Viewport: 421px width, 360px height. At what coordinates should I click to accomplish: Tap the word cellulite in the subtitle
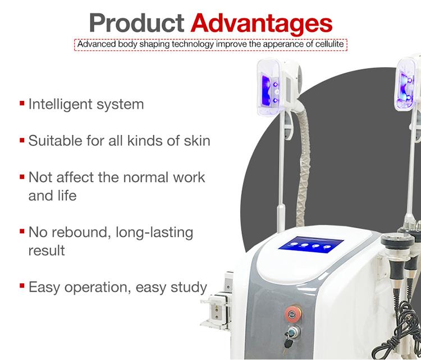(x=326, y=44)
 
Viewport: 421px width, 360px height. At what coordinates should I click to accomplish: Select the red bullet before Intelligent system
(x=22, y=104)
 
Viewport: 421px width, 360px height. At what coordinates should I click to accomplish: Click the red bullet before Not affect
(x=22, y=177)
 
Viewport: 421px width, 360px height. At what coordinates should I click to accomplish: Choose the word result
(x=47, y=250)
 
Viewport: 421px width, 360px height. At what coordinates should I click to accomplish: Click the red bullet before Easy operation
(x=22, y=287)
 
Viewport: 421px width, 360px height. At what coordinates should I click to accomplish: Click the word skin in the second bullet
(x=196, y=140)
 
